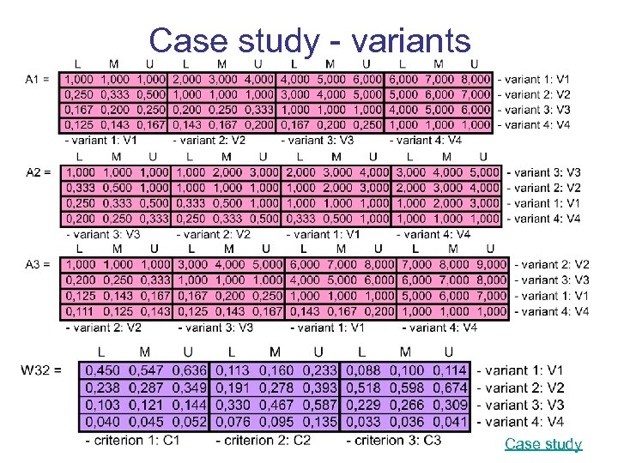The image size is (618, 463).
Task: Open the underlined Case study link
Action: (x=542, y=443)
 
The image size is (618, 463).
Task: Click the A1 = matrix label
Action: (x=39, y=79)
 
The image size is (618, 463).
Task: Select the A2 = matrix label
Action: (x=39, y=172)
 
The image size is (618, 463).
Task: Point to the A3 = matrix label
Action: (x=39, y=264)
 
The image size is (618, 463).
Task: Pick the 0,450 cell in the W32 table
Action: (x=102, y=370)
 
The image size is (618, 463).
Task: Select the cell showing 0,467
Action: (x=275, y=405)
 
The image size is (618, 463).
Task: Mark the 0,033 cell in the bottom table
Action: (x=361, y=422)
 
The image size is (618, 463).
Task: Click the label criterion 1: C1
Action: (x=133, y=441)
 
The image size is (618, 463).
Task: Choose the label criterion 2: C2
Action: (x=264, y=441)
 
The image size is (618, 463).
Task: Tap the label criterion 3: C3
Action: (x=394, y=441)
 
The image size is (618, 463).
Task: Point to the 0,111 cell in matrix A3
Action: (x=80, y=311)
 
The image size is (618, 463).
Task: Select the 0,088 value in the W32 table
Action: (x=361, y=370)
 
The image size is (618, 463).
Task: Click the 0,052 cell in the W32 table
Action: (x=189, y=422)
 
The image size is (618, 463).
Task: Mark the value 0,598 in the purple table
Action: (x=405, y=388)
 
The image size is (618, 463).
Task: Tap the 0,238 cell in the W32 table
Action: (x=102, y=388)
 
